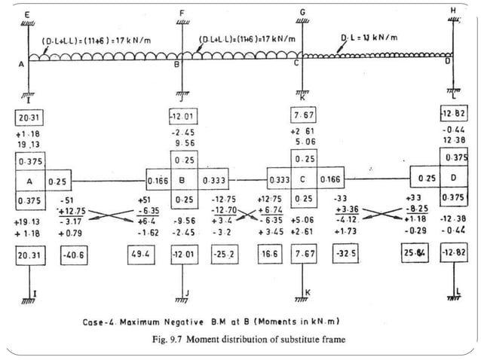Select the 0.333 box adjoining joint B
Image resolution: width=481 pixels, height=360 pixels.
coord(213,181)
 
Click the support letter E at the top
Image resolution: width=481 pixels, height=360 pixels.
coord(28,14)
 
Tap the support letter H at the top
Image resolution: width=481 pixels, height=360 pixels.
coord(452,11)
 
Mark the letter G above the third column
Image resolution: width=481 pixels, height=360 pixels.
coord(302,13)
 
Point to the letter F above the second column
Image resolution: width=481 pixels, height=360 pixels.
coord(181,14)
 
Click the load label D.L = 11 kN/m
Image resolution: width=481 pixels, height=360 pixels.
coord(369,38)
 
